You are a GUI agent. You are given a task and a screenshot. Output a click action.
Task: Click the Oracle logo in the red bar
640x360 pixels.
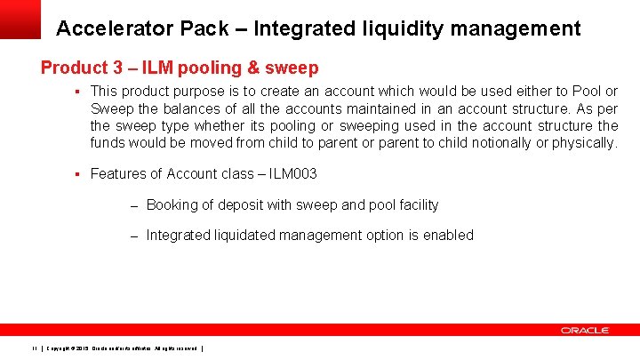pyautogui.click(x=584, y=330)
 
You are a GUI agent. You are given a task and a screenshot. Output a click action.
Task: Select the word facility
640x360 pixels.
pyautogui.click(x=416, y=205)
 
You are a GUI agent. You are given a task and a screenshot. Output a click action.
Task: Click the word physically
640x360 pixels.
pyautogui.click(x=582, y=143)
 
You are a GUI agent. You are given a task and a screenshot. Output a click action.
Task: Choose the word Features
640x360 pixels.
pyautogui.click(x=118, y=174)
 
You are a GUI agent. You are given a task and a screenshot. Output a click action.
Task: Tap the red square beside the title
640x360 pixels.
pyautogui.click(x=20, y=19)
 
